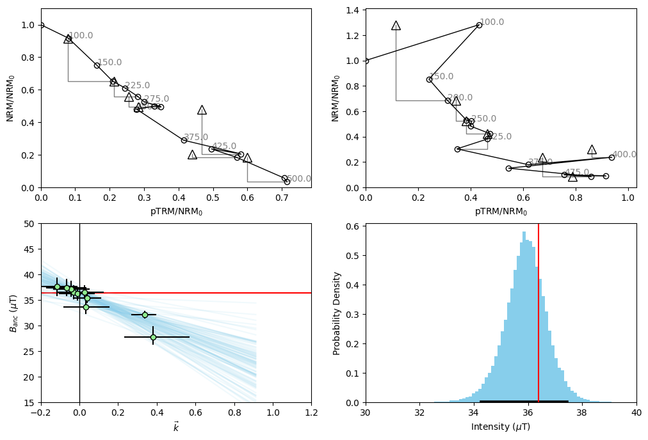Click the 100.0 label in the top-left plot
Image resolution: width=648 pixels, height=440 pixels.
click(x=81, y=36)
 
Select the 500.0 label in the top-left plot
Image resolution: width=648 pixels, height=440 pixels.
click(x=299, y=179)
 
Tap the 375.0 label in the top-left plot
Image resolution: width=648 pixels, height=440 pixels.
click(x=196, y=137)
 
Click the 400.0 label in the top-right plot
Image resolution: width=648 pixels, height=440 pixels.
click(x=624, y=155)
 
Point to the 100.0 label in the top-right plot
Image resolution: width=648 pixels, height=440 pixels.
click(x=492, y=22)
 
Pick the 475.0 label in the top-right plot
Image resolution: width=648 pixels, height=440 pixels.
click(x=577, y=173)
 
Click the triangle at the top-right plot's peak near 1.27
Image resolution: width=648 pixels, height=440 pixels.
click(x=396, y=26)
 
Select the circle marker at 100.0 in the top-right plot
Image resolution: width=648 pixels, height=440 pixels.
click(x=479, y=25)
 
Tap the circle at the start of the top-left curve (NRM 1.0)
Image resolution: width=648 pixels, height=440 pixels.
click(x=41, y=25)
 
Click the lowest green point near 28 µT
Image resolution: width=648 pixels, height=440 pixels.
click(x=153, y=337)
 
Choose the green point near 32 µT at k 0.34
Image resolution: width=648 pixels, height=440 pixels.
click(x=145, y=315)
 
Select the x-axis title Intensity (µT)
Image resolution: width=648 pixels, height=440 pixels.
click(x=501, y=427)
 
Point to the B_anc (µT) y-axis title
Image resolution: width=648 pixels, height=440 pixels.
click(x=14, y=313)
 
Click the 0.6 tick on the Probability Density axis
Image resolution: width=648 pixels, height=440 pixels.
click(x=353, y=226)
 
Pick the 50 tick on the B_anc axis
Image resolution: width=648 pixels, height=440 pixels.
click(x=29, y=224)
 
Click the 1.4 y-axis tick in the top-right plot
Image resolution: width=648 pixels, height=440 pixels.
click(x=353, y=10)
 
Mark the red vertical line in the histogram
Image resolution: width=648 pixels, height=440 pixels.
click(x=539, y=313)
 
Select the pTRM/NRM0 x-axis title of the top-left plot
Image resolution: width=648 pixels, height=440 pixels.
click(x=176, y=212)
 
